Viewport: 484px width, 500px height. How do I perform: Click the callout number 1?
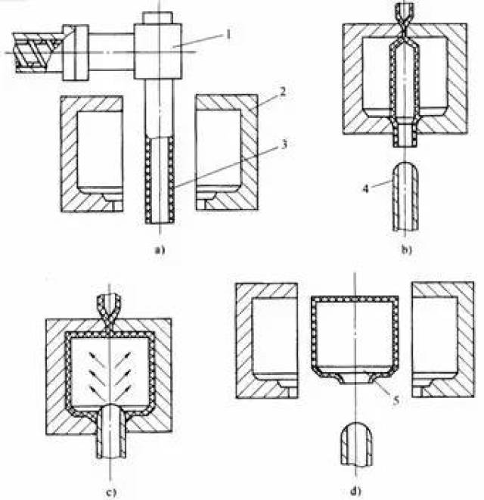[228, 34]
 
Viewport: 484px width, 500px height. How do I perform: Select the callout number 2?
[283, 92]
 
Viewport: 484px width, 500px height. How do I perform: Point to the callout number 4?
[365, 189]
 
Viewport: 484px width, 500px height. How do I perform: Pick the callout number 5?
[396, 400]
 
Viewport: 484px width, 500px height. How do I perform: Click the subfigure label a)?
[160, 250]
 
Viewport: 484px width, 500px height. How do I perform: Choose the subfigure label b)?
[406, 250]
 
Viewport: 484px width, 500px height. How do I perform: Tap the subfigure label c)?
[111, 492]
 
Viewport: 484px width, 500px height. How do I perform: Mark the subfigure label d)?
[356, 490]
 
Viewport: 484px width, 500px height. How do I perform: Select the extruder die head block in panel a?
[158, 51]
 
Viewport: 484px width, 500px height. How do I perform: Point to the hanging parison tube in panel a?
[160, 179]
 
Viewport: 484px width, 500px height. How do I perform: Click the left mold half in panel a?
[92, 153]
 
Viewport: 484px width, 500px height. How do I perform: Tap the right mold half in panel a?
[227, 152]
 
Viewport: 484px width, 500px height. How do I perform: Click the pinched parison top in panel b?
[405, 32]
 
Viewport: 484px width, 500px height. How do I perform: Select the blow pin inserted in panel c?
[111, 431]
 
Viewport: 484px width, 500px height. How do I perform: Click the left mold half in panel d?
[267, 340]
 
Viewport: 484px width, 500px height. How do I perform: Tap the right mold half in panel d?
[443, 340]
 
